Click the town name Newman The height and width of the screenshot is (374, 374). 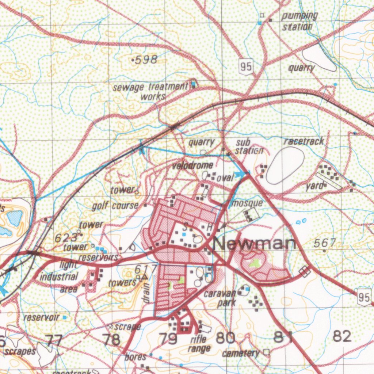[255, 244]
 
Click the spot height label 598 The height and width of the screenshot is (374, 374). [145, 60]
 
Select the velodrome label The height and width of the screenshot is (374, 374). [192, 166]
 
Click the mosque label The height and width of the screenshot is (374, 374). [247, 203]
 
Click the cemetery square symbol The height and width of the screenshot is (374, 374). [266, 352]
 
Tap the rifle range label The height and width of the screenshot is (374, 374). [199, 344]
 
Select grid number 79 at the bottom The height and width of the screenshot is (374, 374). [168, 339]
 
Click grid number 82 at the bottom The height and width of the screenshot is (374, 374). [342, 336]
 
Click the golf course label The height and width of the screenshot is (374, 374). [115, 206]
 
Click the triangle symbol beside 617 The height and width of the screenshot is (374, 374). [144, 277]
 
